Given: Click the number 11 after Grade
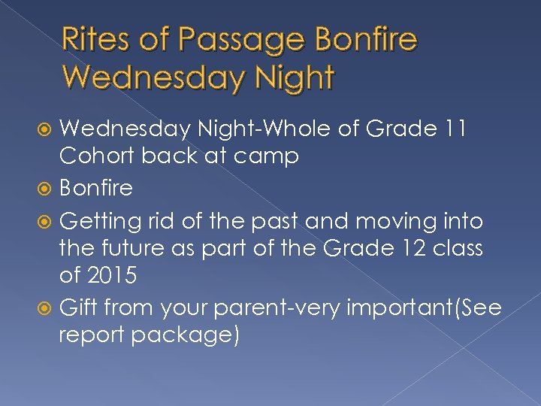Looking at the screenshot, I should [452, 130].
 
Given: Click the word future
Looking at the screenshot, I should [130, 249].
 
